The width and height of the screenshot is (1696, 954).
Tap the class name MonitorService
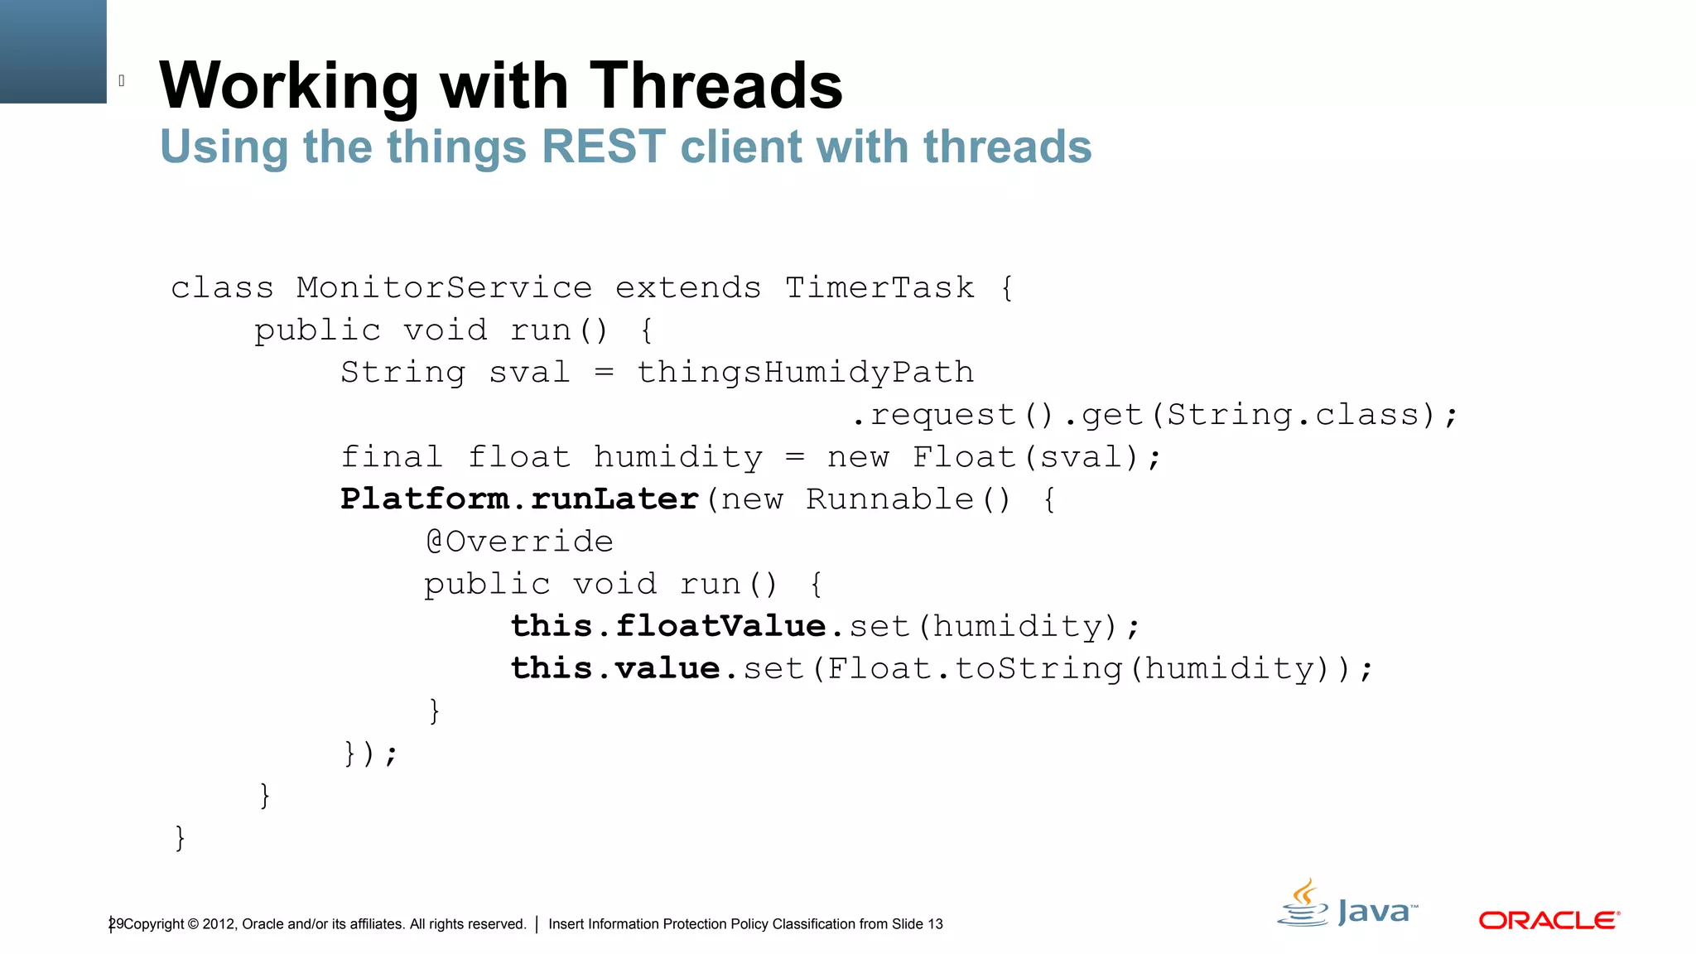(445, 288)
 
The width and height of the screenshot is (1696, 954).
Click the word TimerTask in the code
(879, 288)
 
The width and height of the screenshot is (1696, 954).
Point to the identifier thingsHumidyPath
(805, 373)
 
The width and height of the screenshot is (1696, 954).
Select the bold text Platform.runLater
(520, 499)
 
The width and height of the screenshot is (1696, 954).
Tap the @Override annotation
(519, 542)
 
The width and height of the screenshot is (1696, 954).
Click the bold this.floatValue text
(668, 626)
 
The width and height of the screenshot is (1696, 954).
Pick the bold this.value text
(615, 668)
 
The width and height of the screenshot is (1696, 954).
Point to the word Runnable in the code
(889, 499)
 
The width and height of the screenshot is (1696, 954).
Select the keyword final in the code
(392, 457)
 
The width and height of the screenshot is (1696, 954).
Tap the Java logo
(1347, 904)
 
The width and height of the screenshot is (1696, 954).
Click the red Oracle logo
(1549, 920)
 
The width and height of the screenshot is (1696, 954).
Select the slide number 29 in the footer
(116, 923)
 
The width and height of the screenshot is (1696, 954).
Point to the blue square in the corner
(53, 51)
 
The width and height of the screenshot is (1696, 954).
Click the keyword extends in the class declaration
(687, 288)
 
